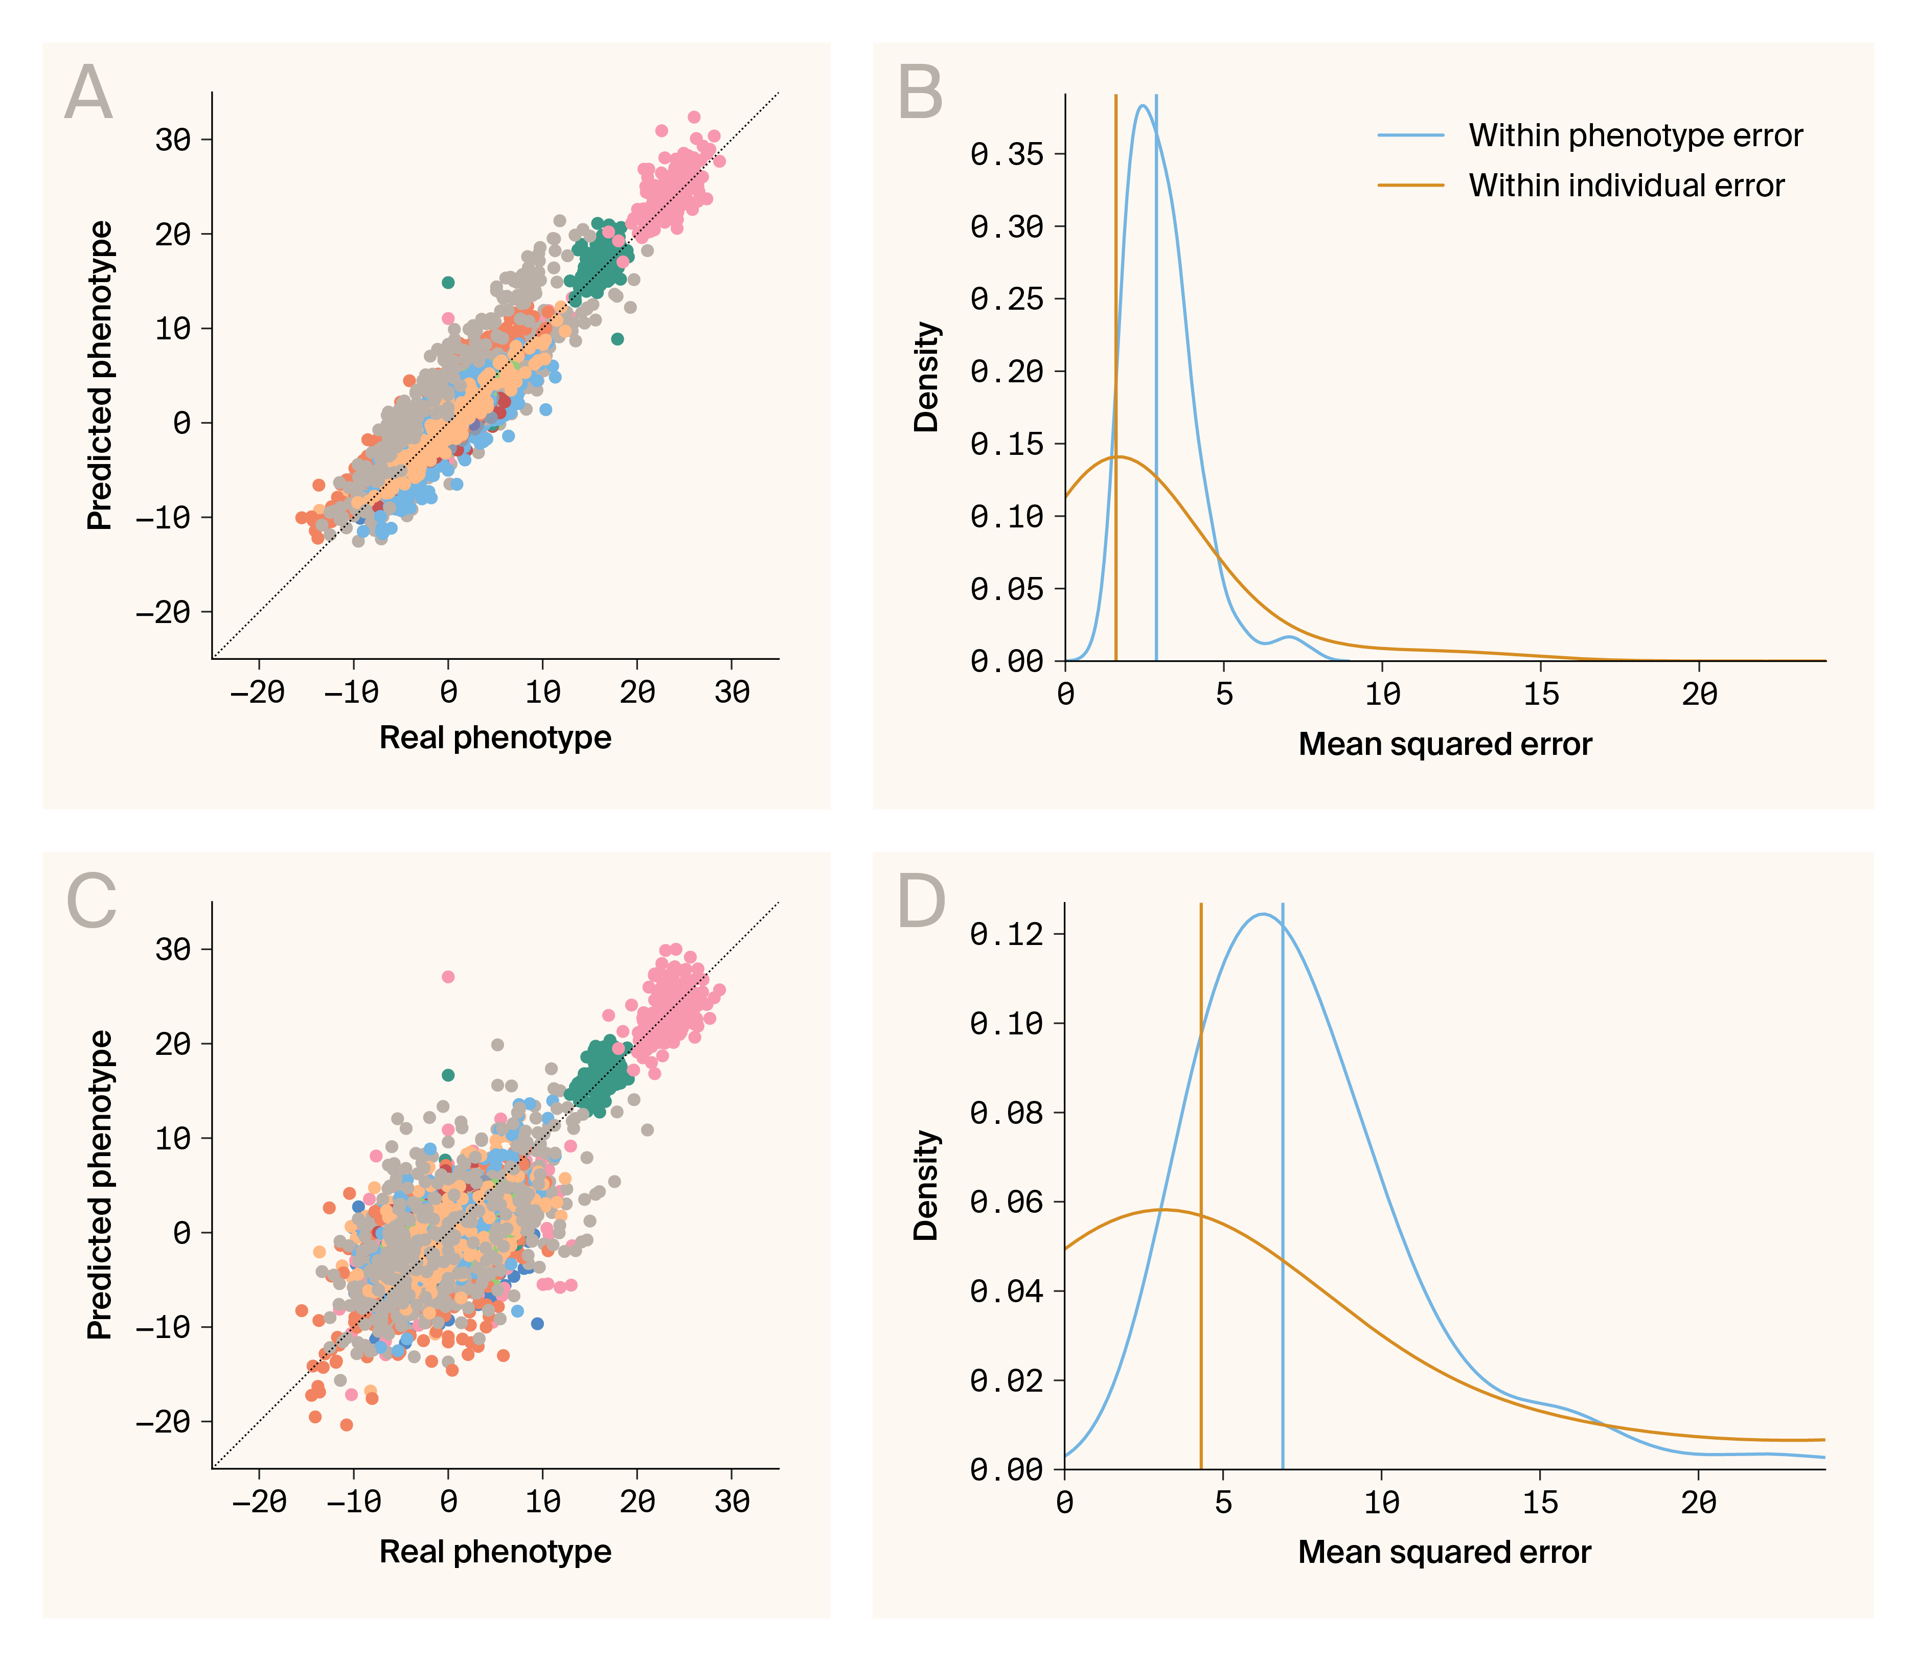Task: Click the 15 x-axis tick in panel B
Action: click(1541, 694)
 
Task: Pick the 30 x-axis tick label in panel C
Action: click(732, 1501)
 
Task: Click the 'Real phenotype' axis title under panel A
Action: click(495, 738)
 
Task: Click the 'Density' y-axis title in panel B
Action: click(926, 377)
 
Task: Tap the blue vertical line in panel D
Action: click(1282, 1205)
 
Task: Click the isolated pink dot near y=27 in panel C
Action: click(448, 976)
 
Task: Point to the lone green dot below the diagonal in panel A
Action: click(618, 338)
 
